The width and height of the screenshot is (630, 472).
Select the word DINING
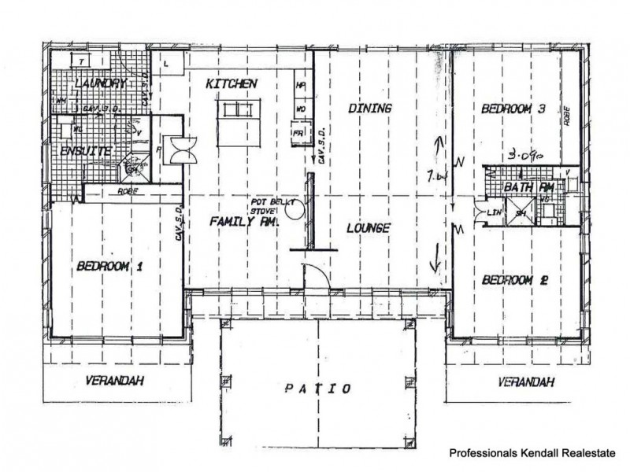click(x=369, y=109)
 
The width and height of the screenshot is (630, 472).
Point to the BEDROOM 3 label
click(x=513, y=109)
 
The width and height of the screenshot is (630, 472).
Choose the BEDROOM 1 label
click(x=109, y=267)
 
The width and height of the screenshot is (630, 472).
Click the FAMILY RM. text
click(x=233, y=223)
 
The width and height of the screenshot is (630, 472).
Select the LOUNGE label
click(x=368, y=228)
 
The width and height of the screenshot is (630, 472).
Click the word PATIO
click(x=318, y=389)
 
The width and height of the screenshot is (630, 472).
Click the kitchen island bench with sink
click(x=233, y=110)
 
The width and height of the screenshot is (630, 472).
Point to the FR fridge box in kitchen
click(x=298, y=133)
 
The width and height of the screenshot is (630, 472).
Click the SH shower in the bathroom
click(x=520, y=211)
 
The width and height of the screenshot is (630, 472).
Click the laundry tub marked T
click(x=80, y=61)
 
